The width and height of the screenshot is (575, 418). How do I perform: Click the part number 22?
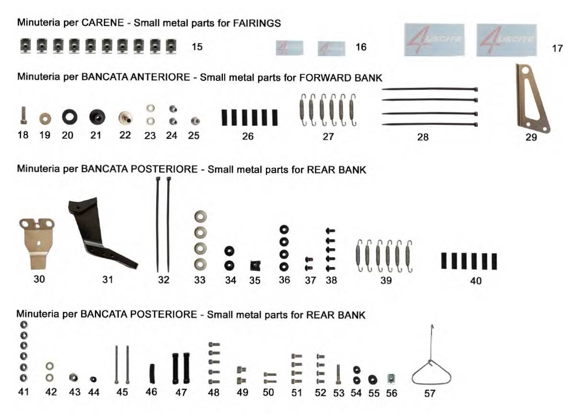click(x=125, y=135)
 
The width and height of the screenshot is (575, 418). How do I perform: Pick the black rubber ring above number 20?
click(x=69, y=116)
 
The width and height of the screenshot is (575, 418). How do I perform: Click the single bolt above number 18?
click(x=23, y=116)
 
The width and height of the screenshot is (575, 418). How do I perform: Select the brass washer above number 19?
click(x=45, y=119)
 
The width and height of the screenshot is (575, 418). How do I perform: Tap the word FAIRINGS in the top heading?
click(x=257, y=23)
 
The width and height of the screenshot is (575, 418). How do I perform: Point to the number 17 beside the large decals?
click(x=557, y=48)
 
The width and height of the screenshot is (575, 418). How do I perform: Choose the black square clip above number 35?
click(x=255, y=266)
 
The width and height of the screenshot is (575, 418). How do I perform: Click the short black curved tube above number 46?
click(x=152, y=374)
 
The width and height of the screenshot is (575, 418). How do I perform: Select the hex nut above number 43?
click(x=73, y=377)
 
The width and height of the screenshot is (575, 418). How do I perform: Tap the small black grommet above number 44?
click(x=93, y=379)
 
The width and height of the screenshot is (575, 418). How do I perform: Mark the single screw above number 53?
click(x=338, y=374)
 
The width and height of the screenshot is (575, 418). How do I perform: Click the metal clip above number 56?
click(x=391, y=379)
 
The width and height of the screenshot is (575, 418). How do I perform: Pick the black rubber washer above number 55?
click(x=372, y=380)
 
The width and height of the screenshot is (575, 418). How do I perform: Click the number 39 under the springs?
click(x=386, y=280)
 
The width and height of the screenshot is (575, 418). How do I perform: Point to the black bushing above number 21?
click(x=97, y=117)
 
